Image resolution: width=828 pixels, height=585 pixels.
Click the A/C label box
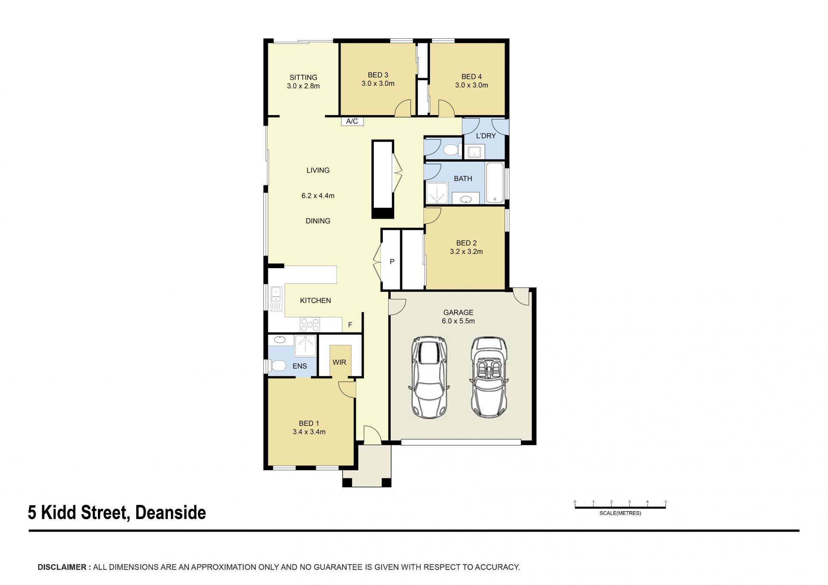pyautogui.click(x=352, y=121)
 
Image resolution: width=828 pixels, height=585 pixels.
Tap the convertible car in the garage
pyautogui.click(x=489, y=378)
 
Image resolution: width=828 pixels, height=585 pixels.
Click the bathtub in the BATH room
pyautogui.click(x=495, y=183)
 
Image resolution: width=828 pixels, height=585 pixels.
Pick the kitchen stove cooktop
pyautogui.click(x=310, y=325)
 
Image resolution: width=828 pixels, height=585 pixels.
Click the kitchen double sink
pyautogui.click(x=276, y=298)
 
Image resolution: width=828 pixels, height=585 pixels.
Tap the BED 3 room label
pyautogui.click(x=378, y=75)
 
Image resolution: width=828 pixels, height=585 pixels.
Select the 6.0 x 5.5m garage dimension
pyautogui.click(x=458, y=321)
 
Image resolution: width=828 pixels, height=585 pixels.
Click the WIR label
pyautogui.click(x=339, y=363)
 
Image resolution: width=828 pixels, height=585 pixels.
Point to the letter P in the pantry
pyautogui.click(x=392, y=262)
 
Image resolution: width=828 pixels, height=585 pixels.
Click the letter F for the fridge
pyautogui.click(x=350, y=325)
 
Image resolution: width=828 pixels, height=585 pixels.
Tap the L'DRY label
pyautogui.click(x=486, y=136)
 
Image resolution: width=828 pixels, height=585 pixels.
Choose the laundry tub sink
pyautogui.click(x=474, y=152)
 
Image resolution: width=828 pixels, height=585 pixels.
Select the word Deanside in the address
pyautogui.click(x=171, y=513)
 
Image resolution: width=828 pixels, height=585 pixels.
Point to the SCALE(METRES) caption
pyautogui.click(x=620, y=513)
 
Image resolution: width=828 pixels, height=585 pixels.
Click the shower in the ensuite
pyautogui.click(x=305, y=346)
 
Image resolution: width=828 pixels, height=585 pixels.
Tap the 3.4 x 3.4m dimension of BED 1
pyautogui.click(x=309, y=432)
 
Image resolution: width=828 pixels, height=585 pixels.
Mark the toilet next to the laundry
pyautogui.click(x=451, y=150)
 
